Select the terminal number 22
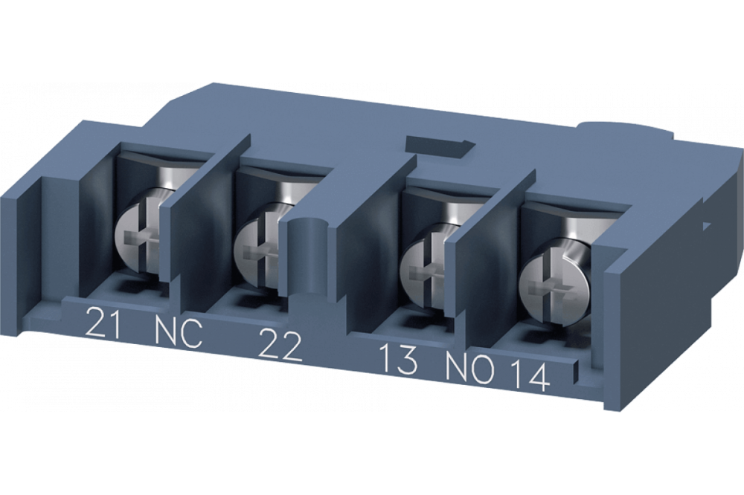coord(279,346)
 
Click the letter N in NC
coord(166,331)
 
